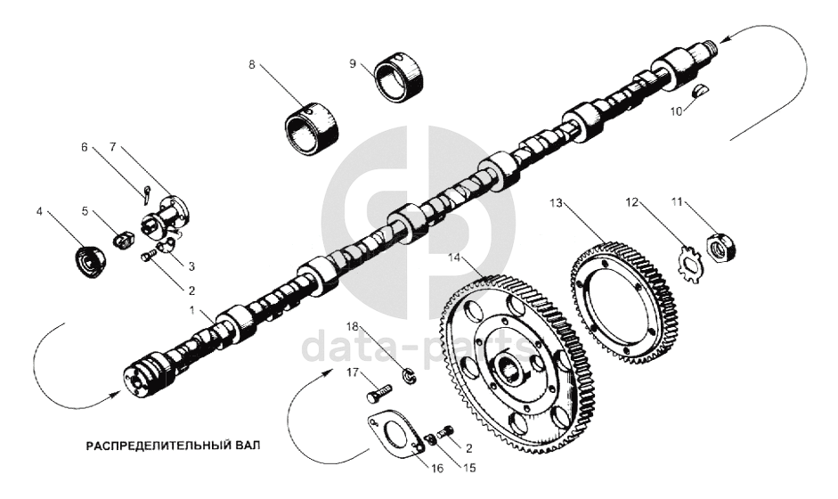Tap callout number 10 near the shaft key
coord(677,110)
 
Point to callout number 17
coord(351,374)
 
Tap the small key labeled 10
coord(701,89)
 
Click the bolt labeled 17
coord(379,391)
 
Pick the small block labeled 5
coord(125,239)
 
